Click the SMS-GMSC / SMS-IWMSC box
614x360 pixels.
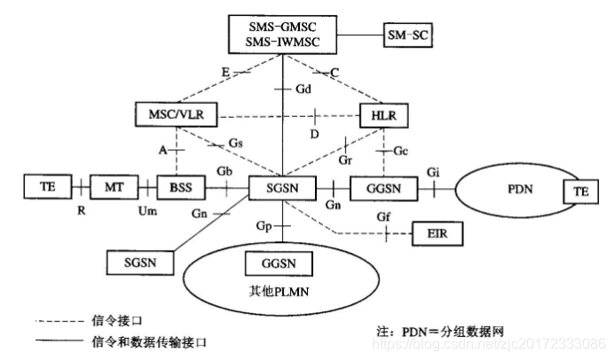click(x=278, y=35)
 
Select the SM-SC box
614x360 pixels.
click(x=410, y=35)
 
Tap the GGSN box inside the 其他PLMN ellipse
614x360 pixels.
click(x=278, y=263)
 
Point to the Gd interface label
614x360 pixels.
click(x=303, y=89)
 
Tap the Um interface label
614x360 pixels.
click(x=148, y=210)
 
